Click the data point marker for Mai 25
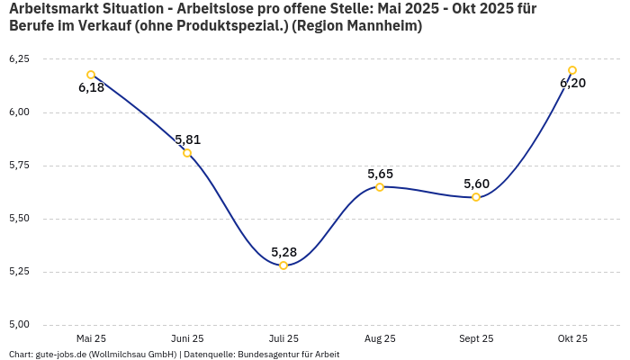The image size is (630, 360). (x=91, y=75)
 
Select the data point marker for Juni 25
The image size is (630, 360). (x=187, y=153)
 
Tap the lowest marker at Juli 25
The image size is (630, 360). (x=283, y=265)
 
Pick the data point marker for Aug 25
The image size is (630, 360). (x=380, y=187)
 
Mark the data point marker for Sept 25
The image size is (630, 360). (x=476, y=197)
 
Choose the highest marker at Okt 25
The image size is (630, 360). (x=572, y=70)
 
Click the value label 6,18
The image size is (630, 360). (x=91, y=88)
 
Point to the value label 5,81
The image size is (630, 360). (x=187, y=139)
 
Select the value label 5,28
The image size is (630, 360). (x=283, y=252)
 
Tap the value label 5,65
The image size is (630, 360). (x=380, y=174)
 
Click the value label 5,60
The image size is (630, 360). (x=476, y=184)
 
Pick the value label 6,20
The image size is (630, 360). (x=572, y=84)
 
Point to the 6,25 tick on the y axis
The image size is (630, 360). (x=19, y=58)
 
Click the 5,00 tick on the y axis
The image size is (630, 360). (x=19, y=324)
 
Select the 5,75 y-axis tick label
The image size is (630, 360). (x=19, y=165)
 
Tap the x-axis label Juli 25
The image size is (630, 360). (x=283, y=338)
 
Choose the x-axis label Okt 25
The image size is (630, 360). (x=572, y=338)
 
